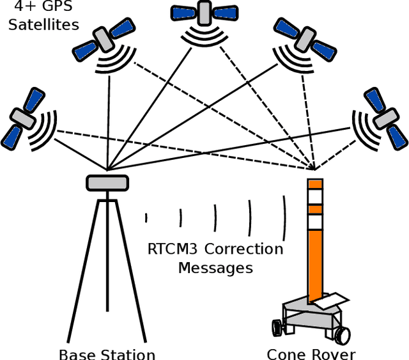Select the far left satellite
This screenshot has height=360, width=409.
23,117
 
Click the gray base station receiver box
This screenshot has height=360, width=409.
107,182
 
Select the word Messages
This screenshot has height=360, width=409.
215,267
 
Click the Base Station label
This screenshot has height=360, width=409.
107,354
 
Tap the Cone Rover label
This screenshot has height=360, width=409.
311,354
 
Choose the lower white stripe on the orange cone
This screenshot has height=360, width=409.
316,222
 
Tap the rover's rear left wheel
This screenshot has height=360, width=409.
277,327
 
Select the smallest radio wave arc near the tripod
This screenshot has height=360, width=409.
146,217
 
